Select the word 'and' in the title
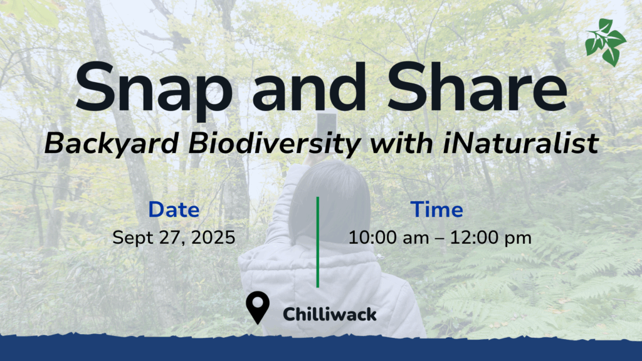(x=309, y=87)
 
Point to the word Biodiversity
(x=275, y=144)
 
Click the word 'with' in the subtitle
(x=402, y=143)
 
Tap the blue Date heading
(x=174, y=209)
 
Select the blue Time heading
(x=437, y=209)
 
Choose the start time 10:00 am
(x=389, y=238)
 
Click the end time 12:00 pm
(x=491, y=238)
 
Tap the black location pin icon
(x=258, y=307)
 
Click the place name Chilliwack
(x=330, y=315)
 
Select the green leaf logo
(x=606, y=42)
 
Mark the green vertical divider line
(x=318, y=242)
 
